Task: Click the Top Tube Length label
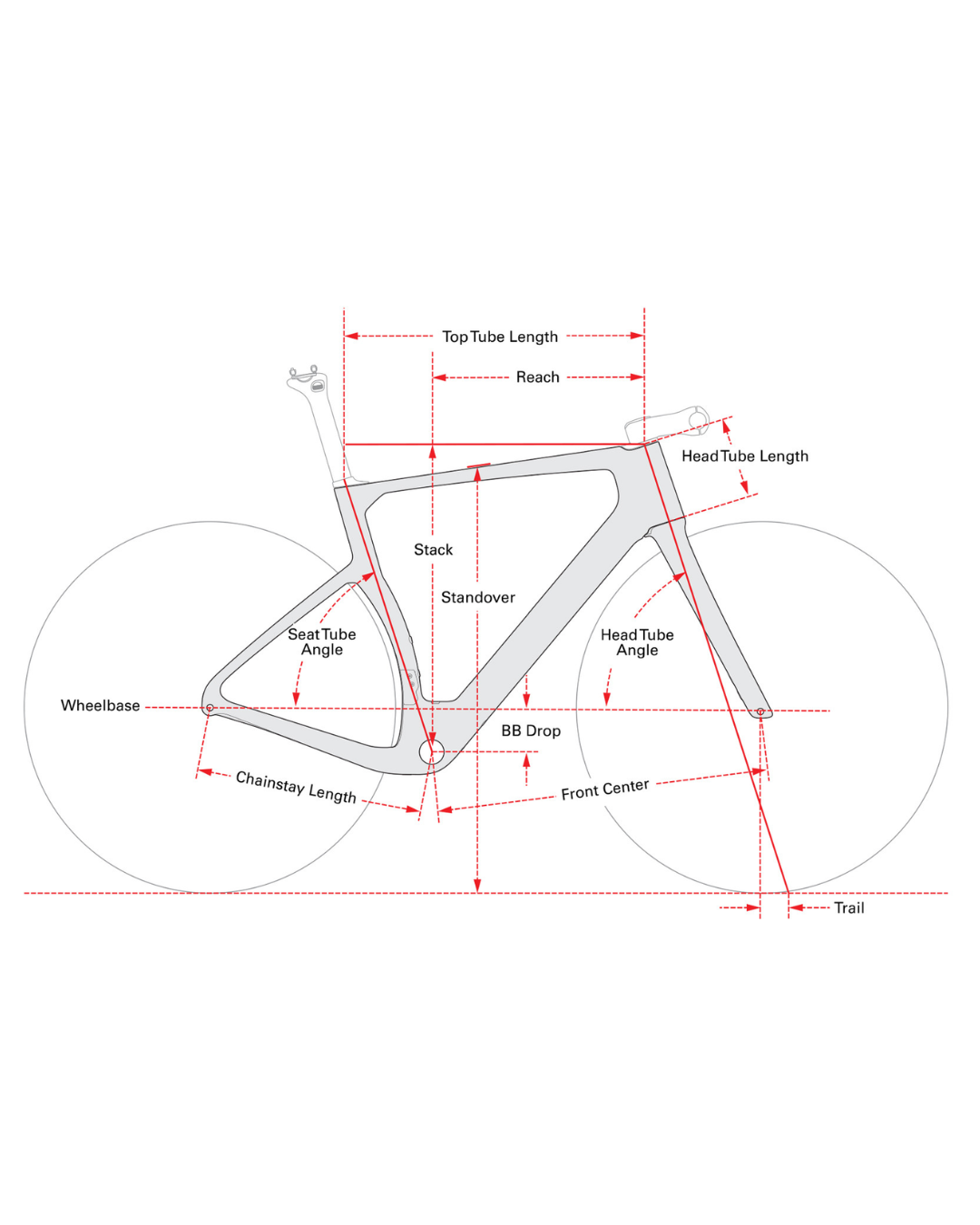coord(499,337)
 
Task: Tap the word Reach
coord(537,377)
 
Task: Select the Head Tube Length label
coord(744,456)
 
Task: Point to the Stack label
coord(433,549)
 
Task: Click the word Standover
coord(478,597)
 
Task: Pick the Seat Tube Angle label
coord(322,642)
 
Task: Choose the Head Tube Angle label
coord(637,642)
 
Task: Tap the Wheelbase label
coord(100,705)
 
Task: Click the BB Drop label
coord(531,730)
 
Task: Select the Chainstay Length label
coord(296,788)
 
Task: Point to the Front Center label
coord(604,789)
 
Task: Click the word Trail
coord(848,907)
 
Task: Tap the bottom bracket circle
coord(431,752)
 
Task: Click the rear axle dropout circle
coord(210,708)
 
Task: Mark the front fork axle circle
coord(759,711)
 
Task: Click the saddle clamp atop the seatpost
coord(308,378)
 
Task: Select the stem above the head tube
coord(666,424)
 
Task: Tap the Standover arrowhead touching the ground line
coord(477,885)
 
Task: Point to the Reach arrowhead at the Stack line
coord(439,377)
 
